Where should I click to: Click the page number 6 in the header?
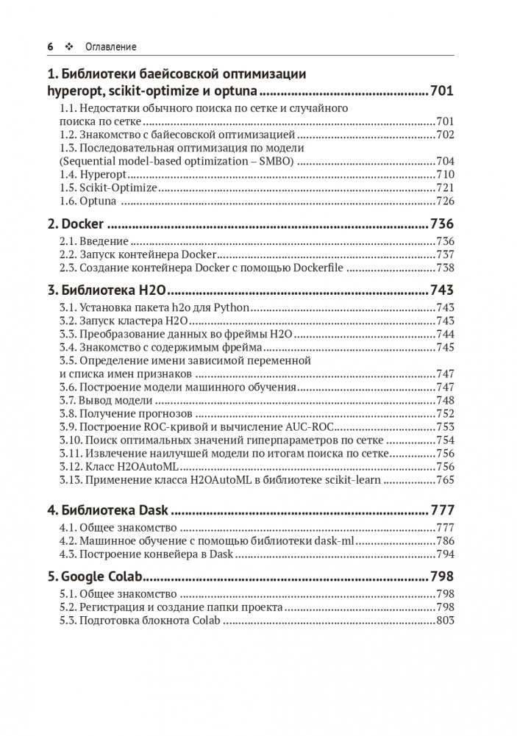pos(50,46)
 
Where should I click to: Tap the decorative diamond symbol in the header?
pos(71,46)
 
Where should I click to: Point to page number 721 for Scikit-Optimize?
pos(446,187)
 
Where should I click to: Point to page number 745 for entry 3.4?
pos(446,347)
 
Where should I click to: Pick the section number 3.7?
pos(68,400)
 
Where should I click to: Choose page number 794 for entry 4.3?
pos(446,554)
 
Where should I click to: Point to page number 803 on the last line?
pos(446,621)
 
